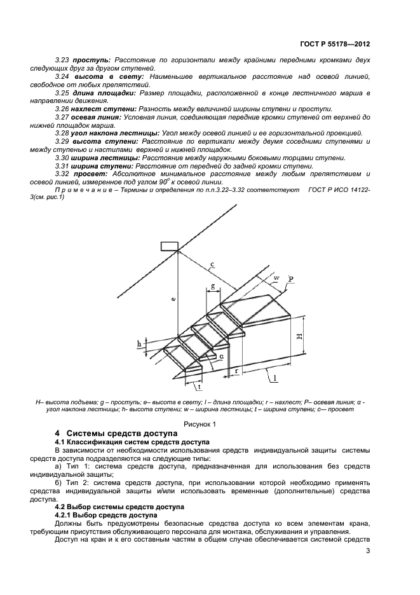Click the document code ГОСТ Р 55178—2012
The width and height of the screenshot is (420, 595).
pos(334,44)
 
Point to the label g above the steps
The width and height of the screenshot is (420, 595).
pos(212,287)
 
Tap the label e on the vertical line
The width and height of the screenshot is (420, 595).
pos(173,297)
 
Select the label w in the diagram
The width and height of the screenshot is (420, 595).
pos(276,278)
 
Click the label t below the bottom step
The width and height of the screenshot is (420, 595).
pos(199,386)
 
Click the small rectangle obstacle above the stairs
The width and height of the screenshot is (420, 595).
pos(169,247)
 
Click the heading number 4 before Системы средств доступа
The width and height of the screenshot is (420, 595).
pos(57,434)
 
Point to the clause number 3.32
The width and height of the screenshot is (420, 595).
pos(62,174)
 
